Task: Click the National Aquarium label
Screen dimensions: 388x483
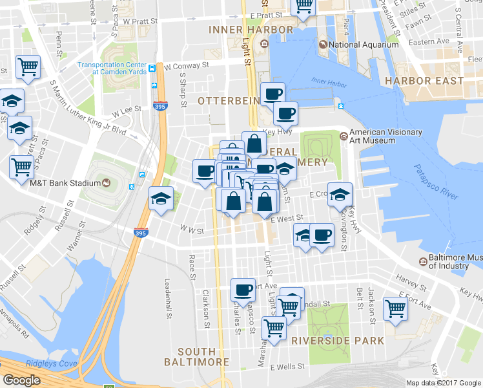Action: (x=364, y=45)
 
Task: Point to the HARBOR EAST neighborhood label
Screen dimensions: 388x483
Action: (x=424, y=81)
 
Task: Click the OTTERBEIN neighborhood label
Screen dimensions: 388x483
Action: (x=229, y=101)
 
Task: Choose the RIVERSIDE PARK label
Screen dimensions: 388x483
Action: (x=337, y=340)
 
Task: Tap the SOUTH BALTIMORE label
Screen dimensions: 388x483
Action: (x=196, y=356)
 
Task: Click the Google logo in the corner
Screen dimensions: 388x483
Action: (x=21, y=380)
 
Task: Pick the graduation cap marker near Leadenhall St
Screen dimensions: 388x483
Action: (x=161, y=199)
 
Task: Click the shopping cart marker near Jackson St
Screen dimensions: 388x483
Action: (x=395, y=308)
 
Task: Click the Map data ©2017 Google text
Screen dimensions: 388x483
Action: (x=444, y=383)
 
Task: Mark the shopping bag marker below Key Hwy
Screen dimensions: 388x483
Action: (x=254, y=144)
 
